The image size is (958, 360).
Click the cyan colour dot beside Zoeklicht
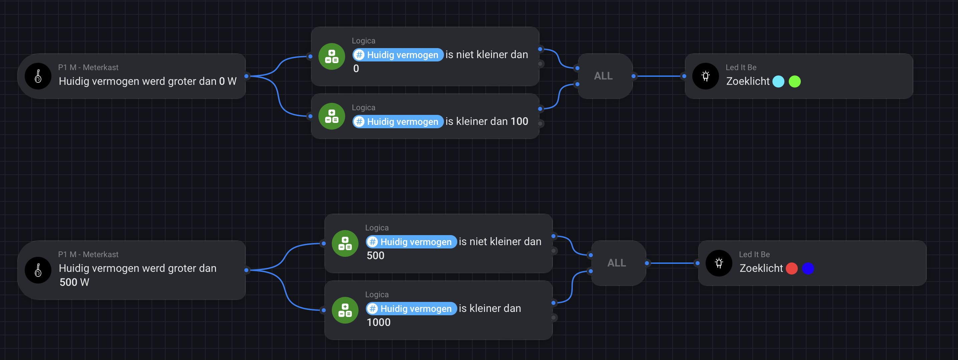point(778,81)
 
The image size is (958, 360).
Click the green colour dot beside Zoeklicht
point(795,81)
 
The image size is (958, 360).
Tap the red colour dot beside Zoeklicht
point(791,268)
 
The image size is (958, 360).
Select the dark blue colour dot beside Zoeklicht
point(808,268)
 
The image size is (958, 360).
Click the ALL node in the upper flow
point(603,76)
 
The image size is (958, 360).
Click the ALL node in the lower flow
point(617,263)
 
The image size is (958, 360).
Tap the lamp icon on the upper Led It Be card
point(706,76)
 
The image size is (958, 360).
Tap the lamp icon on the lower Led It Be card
point(719,263)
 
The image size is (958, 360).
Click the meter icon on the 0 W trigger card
point(38,76)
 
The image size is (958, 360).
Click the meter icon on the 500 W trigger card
point(38,271)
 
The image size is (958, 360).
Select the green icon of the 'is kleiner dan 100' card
point(332,117)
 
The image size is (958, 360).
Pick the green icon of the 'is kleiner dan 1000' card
point(345,311)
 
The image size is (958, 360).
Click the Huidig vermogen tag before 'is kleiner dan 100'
point(398,122)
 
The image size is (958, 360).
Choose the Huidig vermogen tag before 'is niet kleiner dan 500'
point(411,242)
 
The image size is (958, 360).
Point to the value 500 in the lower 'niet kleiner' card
point(376,256)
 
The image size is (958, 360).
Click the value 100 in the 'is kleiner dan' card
point(519,122)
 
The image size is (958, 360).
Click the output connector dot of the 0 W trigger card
point(246,76)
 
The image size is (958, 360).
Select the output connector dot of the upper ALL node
point(634,76)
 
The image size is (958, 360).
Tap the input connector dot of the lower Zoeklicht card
point(698,263)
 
